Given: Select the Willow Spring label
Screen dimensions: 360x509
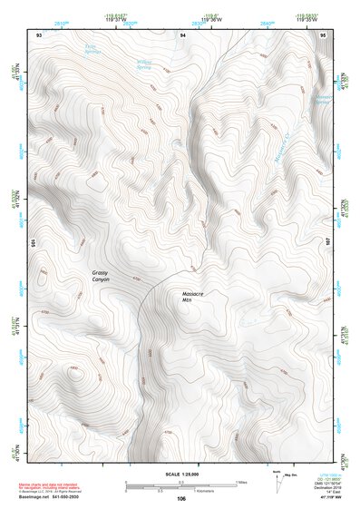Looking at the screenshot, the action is [144, 65].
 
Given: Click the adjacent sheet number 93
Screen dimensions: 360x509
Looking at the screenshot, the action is [39, 34].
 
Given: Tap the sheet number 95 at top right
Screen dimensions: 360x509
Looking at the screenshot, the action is [324, 34].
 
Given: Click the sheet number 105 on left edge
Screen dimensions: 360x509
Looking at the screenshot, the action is [34, 243].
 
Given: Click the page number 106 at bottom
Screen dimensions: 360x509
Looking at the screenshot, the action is [181, 498].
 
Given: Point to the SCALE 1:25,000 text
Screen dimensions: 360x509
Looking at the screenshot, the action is [180, 474].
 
